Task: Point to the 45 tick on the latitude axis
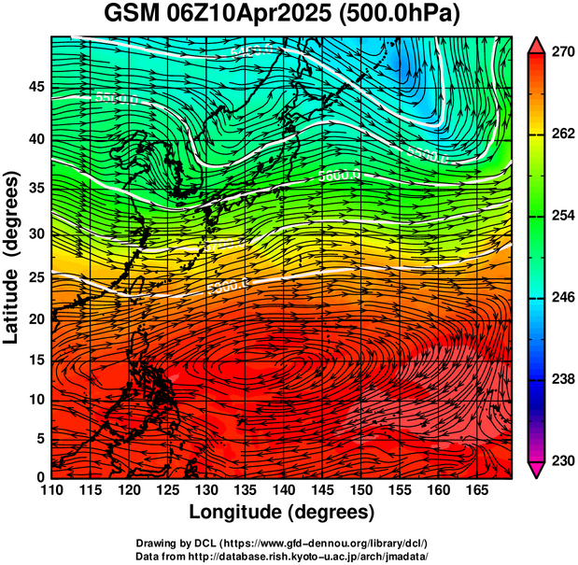coord(35,87)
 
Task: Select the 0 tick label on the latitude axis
coord(39,477)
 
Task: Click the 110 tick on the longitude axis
coord(51,491)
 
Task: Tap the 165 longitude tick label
coord(474,491)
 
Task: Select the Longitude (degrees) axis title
coord(281,513)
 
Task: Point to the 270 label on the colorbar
coord(559,52)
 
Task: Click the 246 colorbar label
coord(559,297)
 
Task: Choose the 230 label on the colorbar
coord(559,460)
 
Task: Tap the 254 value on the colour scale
coord(559,216)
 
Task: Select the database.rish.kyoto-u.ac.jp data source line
coord(281,556)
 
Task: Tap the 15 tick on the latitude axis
coord(35,360)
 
